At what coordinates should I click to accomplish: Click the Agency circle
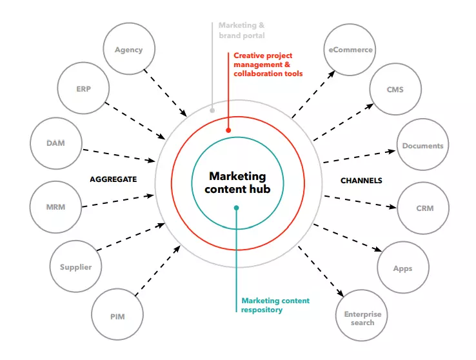(x=128, y=50)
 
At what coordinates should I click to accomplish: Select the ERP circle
(x=83, y=89)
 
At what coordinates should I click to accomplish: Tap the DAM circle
(x=56, y=143)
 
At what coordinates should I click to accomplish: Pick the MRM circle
(x=56, y=207)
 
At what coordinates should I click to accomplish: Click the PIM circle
(x=117, y=315)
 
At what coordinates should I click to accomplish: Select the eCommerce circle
(x=350, y=50)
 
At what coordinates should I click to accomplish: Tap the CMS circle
(x=395, y=90)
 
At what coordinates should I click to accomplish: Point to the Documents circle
(x=422, y=146)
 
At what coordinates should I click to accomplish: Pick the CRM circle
(x=424, y=208)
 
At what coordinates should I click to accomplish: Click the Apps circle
(x=402, y=268)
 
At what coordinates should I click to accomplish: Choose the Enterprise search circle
(x=362, y=317)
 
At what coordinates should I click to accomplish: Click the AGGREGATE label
(x=114, y=179)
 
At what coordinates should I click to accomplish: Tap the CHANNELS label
(x=361, y=181)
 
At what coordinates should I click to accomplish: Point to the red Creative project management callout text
(x=268, y=65)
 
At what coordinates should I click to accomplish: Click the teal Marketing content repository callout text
(x=275, y=305)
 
